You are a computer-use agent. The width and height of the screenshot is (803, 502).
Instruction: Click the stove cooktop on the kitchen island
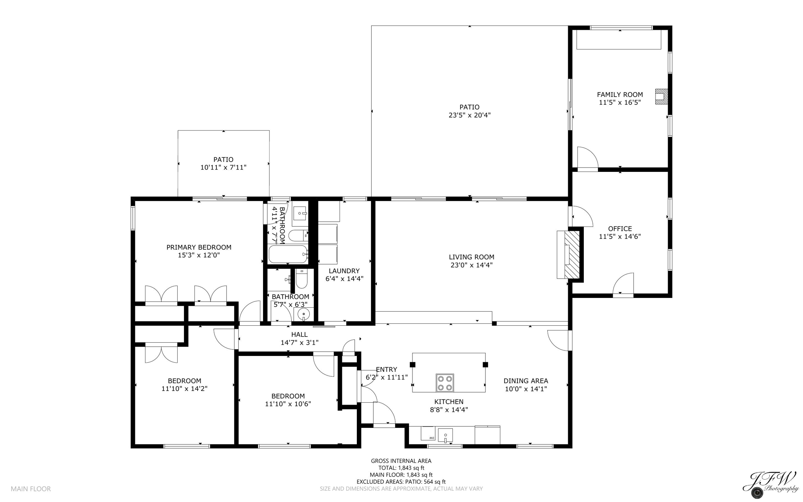click(x=445, y=383)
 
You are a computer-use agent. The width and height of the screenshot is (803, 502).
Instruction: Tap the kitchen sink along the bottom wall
click(x=445, y=435)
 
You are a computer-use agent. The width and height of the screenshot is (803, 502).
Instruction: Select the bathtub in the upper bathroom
click(x=288, y=254)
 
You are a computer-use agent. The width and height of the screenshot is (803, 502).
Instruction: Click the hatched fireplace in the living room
click(x=571, y=254)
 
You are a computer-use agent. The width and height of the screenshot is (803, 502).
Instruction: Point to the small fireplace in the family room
click(x=661, y=96)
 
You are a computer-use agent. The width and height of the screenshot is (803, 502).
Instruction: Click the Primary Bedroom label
click(x=199, y=247)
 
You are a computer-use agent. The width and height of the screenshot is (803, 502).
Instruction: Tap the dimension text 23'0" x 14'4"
click(x=471, y=265)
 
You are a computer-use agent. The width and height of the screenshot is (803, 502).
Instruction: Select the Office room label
click(x=620, y=228)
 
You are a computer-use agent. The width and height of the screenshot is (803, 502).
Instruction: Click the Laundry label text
click(x=344, y=271)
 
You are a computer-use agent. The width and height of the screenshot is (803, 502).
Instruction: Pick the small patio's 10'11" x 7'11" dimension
click(x=223, y=167)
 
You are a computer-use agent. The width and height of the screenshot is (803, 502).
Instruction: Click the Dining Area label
click(x=525, y=381)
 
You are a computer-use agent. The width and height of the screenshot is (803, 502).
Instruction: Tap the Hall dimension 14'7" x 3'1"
click(x=299, y=342)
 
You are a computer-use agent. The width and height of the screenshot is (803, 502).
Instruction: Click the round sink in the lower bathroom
click(x=303, y=314)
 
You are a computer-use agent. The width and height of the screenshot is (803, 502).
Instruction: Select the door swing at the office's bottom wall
click(x=623, y=284)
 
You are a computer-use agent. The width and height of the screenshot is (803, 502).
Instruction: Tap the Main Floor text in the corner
click(x=31, y=489)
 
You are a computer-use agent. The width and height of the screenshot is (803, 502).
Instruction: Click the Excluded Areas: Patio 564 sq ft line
click(x=401, y=482)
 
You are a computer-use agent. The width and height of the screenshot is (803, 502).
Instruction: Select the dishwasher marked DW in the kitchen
click(x=428, y=433)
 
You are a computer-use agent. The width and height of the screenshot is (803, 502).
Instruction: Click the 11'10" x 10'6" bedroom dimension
click(x=288, y=404)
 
